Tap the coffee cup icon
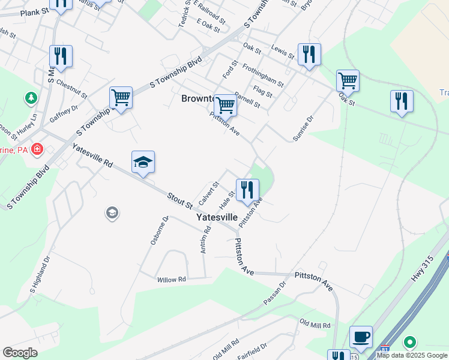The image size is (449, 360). tap(361, 337)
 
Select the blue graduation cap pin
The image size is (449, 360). tap(143, 162)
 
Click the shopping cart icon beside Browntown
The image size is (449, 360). tap(225, 105)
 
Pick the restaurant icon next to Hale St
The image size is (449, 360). tap(247, 190)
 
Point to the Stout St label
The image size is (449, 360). tap(179, 200)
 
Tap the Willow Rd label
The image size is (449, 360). tap(172, 280)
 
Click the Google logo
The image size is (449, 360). tap(20, 352)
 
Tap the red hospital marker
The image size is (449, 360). tap(37, 148)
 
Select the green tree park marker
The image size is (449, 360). tap(30, 97)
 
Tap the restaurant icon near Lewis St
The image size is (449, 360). tap(309, 54)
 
